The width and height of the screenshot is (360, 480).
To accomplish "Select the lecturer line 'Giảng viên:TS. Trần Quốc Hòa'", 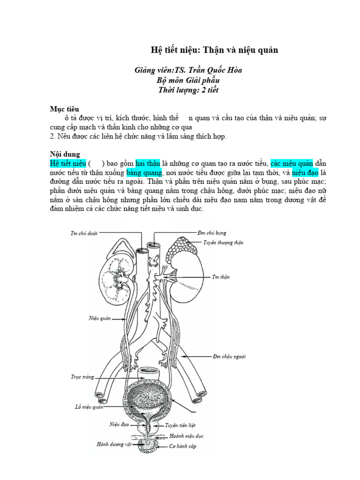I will click(188, 70).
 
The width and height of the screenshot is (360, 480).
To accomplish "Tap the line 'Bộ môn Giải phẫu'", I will click(189, 80).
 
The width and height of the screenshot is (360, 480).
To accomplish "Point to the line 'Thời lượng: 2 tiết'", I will click(188, 90).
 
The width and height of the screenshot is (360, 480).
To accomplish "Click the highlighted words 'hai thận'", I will click(149, 163).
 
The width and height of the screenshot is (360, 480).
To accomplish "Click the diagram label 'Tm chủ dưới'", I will click(83, 233).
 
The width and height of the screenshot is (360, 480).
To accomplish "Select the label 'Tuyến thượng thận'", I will click(223, 243).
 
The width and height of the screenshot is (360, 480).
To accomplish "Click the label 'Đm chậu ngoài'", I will click(229, 357).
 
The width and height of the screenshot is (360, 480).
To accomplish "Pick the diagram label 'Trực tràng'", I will click(82, 376).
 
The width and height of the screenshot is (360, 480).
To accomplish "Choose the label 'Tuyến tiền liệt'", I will click(181, 426).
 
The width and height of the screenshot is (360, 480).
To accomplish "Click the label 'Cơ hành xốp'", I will click(182, 446).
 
